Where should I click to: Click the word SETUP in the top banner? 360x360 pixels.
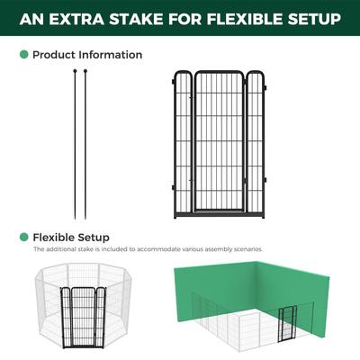click(310, 19)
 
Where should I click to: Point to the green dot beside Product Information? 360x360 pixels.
click(24, 55)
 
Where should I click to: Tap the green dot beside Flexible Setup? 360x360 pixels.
click(24, 237)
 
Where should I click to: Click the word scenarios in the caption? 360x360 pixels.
click(244, 248)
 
